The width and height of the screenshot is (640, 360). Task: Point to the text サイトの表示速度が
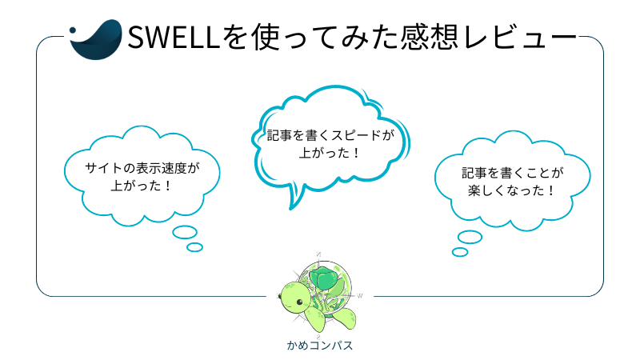141,169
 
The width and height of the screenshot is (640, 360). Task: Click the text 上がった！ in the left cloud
141,186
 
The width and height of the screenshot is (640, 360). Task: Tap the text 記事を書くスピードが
330,134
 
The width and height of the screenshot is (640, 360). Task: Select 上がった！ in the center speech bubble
330,151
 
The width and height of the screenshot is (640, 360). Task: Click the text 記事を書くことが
513,172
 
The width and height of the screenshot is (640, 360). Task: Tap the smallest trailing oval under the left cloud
194,247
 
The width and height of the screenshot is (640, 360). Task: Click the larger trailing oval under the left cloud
185,232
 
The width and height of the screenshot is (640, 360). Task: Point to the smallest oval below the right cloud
459,252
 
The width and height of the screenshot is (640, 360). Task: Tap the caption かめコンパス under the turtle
319,346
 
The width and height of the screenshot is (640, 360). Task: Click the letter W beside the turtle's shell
360,295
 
